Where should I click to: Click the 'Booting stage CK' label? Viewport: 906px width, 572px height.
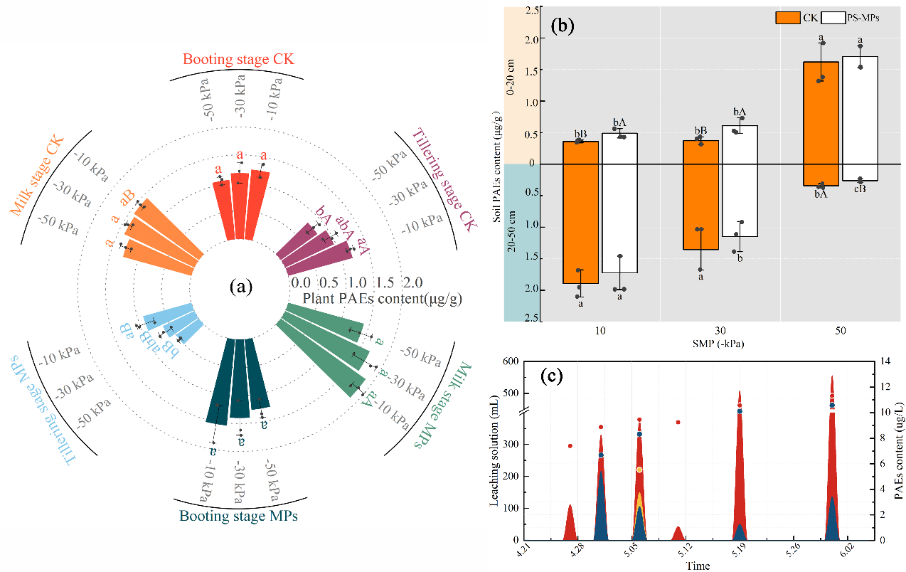(x=238, y=59)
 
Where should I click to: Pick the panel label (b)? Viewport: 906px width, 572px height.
(x=562, y=26)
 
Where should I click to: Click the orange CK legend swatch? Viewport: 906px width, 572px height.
(x=787, y=18)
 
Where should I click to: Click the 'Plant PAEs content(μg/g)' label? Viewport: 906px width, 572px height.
(x=383, y=299)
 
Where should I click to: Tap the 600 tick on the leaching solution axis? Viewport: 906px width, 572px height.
(x=510, y=361)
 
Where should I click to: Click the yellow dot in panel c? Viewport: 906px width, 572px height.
(x=639, y=470)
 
